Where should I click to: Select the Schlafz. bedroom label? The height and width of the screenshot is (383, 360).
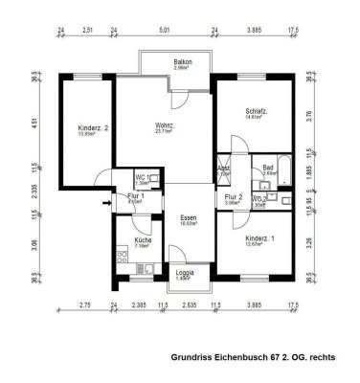(253, 111)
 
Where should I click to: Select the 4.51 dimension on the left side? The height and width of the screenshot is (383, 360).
(34, 122)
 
